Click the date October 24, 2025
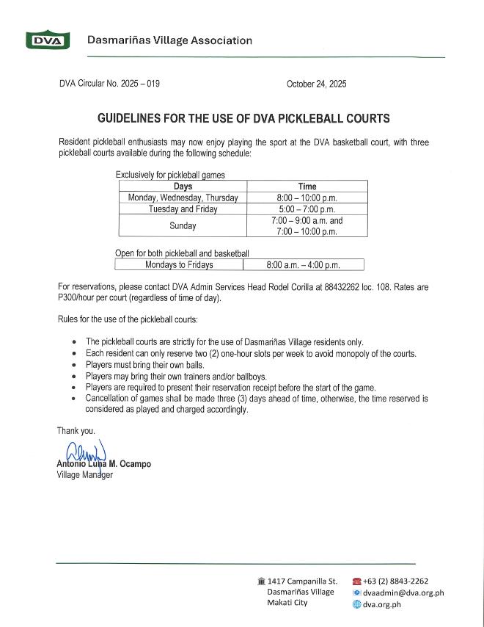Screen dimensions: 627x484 coord(316,84)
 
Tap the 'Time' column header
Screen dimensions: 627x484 coord(307,186)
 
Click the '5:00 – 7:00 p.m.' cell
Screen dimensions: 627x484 coord(307,209)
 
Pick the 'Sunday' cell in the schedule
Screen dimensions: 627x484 coord(183,226)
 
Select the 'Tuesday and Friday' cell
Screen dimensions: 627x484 coord(183,209)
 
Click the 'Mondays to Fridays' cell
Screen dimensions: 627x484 coord(179,265)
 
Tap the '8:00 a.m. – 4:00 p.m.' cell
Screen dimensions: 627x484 coord(304,265)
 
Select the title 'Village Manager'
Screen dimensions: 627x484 coord(85,474)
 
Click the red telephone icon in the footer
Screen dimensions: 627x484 coord(357,581)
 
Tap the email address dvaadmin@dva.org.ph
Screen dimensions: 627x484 coord(403,593)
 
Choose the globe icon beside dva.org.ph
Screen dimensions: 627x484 coord(357,604)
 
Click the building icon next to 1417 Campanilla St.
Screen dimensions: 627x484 coord(261,581)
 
